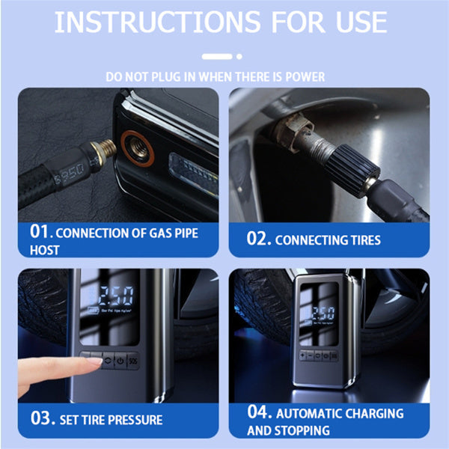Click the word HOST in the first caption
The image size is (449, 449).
[x=44, y=251]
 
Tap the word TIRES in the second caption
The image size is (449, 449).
[x=363, y=240]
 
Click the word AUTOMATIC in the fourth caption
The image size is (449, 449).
[x=317, y=413]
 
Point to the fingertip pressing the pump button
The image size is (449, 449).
[x=94, y=361]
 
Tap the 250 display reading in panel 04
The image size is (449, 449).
[x=323, y=313]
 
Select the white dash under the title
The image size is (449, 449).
[x=218, y=55]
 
